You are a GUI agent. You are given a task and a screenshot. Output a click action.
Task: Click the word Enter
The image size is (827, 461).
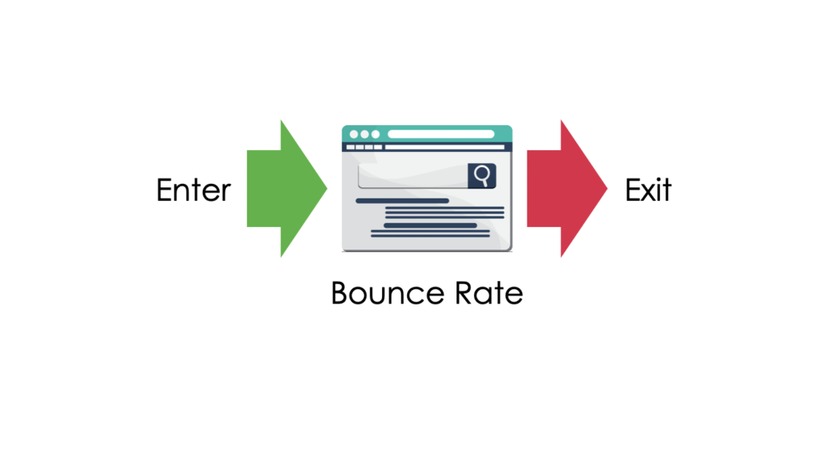pyautogui.click(x=194, y=190)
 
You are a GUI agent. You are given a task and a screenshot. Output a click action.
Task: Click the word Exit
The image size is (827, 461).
pyautogui.click(x=649, y=190)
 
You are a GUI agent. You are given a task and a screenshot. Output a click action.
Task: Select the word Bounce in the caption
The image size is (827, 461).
pyautogui.click(x=387, y=293)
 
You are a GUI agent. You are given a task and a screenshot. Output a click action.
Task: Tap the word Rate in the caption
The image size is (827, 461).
pyautogui.click(x=489, y=293)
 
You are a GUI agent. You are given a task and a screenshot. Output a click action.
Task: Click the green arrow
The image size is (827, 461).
pyautogui.click(x=287, y=188)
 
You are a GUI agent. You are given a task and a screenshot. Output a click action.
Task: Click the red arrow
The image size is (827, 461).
pyautogui.click(x=567, y=188)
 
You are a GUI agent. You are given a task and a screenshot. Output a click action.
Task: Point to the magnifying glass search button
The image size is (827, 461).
pyautogui.click(x=481, y=176)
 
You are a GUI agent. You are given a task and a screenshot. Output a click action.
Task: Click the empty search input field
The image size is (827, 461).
pyautogui.click(x=413, y=176)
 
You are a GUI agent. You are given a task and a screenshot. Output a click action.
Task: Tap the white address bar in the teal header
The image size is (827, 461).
pyautogui.click(x=441, y=134)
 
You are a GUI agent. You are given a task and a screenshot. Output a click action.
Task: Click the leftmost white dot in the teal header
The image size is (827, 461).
pyautogui.click(x=354, y=134)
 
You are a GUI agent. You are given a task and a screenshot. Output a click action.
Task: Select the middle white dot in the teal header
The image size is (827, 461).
pyautogui.click(x=364, y=134)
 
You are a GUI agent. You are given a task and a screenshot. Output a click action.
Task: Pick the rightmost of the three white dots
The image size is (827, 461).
pyautogui.click(x=376, y=134)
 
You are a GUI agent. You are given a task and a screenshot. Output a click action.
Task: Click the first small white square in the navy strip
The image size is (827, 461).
pyautogui.click(x=351, y=147)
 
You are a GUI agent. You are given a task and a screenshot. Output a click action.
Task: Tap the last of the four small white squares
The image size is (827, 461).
pyautogui.click(x=378, y=147)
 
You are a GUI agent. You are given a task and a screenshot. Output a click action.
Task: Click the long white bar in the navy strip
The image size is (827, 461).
pyautogui.click(x=445, y=147)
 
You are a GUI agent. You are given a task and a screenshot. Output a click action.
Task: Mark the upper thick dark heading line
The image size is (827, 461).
pyautogui.click(x=402, y=201)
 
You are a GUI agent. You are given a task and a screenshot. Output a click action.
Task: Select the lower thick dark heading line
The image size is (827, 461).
pyautogui.click(x=430, y=225)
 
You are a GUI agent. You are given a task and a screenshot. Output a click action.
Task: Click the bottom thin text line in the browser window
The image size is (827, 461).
pyautogui.click(x=430, y=236)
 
